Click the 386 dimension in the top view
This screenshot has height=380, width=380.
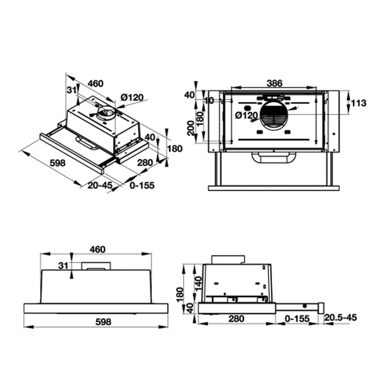click(274, 83)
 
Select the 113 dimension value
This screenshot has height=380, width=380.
click(358, 103)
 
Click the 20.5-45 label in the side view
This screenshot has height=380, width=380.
click(341, 318)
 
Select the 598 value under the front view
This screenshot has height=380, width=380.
click(103, 322)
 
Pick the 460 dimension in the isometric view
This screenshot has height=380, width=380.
click(95, 83)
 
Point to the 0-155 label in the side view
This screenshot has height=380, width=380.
click(297, 319)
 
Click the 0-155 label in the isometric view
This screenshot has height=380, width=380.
click(142, 185)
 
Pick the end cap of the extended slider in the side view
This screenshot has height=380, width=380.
click(321, 307)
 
